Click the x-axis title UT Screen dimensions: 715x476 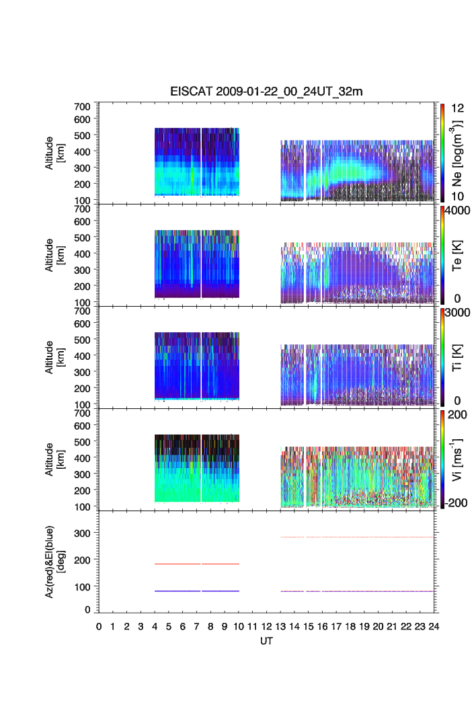[267, 641]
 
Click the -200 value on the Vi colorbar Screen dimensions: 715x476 [458, 503]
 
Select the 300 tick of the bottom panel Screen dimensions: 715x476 [84, 533]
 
